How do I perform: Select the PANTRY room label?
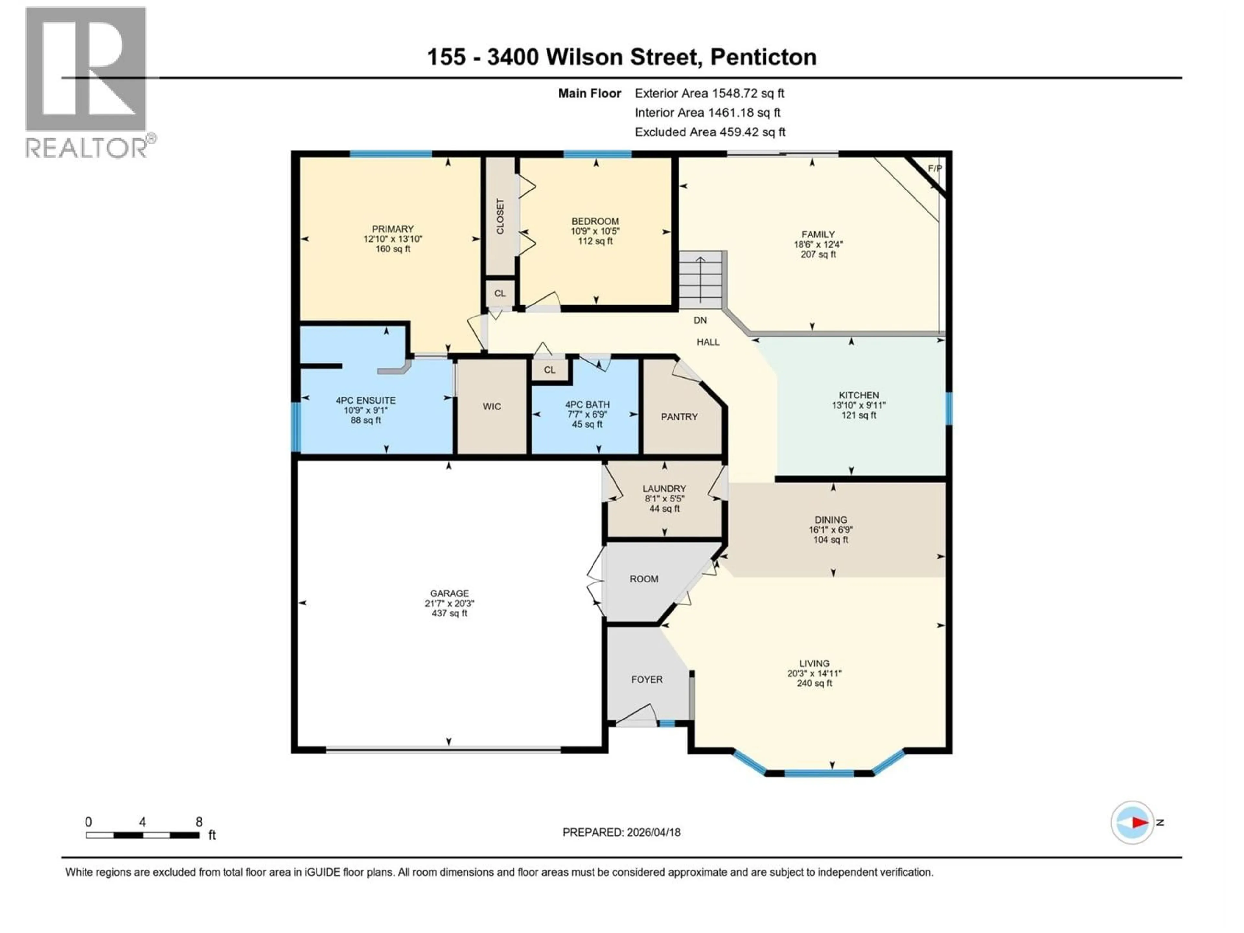point(679,417)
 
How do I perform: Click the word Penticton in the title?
point(763,57)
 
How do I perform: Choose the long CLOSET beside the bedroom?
point(500,216)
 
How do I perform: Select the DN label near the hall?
point(700,320)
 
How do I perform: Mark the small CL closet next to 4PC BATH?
point(549,370)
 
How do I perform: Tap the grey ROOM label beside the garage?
point(644,579)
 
